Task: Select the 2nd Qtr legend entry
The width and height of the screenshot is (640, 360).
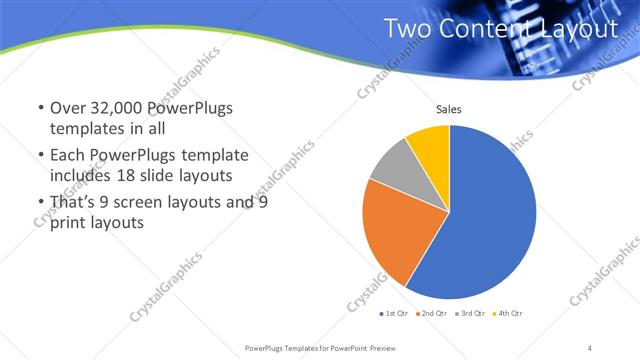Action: click(x=431, y=313)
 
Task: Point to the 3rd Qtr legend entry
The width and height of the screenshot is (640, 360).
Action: click(x=470, y=313)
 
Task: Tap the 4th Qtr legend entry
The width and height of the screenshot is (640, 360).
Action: click(x=508, y=313)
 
